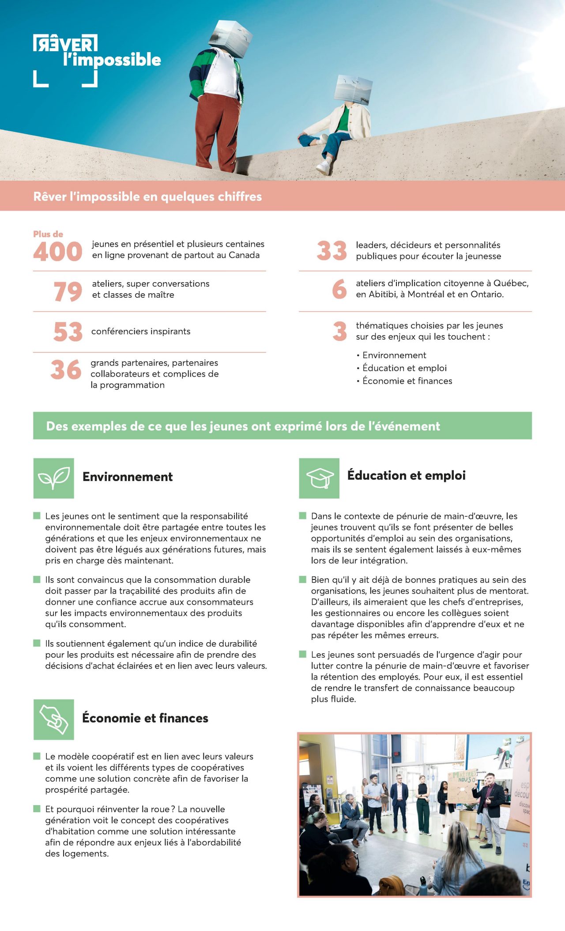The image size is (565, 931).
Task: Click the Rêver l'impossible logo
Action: pyautogui.click(x=97, y=60)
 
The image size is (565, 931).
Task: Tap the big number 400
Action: pyautogui.click(x=58, y=252)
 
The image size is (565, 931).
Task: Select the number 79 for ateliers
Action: pyautogui.click(x=68, y=291)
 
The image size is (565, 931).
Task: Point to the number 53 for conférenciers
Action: pyautogui.click(x=68, y=332)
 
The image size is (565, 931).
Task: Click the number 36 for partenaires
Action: pyautogui.click(x=66, y=370)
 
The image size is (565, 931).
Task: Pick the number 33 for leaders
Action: pyautogui.click(x=332, y=251)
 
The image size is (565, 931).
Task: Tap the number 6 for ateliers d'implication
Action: pyautogui.click(x=339, y=289)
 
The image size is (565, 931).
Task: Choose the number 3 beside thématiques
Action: pyautogui.click(x=340, y=331)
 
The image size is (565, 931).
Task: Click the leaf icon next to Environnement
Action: pyautogui.click(x=53, y=478)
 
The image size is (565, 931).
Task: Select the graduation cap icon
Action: pyautogui.click(x=319, y=478)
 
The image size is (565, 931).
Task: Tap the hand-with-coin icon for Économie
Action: pyautogui.click(x=53, y=719)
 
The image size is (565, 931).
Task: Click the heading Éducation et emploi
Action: pyautogui.click(x=406, y=476)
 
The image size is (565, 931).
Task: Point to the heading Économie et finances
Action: pyautogui.click(x=145, y=718)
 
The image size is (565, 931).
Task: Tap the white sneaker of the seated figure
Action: pyautogui.click(x=324, y=167)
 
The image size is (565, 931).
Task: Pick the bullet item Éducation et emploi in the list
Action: pyautogui.click(x=404, y=368)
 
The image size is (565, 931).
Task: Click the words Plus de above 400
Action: pyautogui.click(x=48, y=234)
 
